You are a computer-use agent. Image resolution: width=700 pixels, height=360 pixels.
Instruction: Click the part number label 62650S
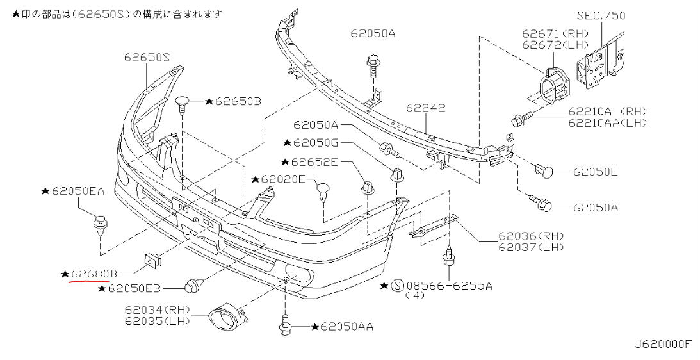point(147,58)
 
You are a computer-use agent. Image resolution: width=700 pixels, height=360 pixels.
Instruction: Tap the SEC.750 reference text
point(600,15)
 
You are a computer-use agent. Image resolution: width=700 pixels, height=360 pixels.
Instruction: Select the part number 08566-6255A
point(448,285)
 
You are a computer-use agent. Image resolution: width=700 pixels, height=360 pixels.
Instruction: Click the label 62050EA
point(78,191)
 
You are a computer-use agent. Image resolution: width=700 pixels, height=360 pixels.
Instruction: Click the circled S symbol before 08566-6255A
point(396,285)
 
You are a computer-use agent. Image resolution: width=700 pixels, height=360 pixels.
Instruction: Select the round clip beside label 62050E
point(546,171)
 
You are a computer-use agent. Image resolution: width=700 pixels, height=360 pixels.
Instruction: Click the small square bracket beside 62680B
point(152,259)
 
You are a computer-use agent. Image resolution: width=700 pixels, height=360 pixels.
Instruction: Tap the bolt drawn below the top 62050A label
point(372,64)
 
